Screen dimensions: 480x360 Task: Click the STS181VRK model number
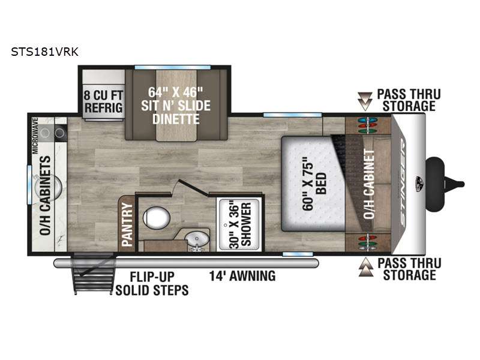(44, 52)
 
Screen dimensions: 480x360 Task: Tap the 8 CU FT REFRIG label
(103, 101)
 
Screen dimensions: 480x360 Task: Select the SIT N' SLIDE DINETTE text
(176, 112)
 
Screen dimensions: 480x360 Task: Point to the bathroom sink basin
(197, 239)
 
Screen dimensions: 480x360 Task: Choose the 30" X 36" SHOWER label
(240, 224)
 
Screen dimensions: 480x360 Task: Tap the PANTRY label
(127, 224)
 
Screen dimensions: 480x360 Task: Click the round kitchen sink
(49, 188)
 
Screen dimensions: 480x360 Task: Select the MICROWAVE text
(35, 136)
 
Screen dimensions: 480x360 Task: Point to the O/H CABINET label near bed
(369, 184)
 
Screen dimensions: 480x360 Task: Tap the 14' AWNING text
(242, 276)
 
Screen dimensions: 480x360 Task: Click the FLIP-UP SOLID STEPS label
(152, 283)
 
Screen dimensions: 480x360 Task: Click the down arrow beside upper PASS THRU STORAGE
(365, 101)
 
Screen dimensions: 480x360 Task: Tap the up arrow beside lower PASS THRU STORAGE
(366, 267)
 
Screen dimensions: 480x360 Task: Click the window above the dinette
(172, 67)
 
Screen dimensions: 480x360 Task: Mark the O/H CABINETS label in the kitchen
(46, 196)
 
